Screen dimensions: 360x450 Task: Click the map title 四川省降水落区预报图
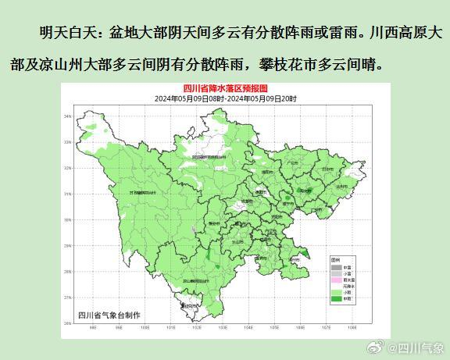pos(225,90)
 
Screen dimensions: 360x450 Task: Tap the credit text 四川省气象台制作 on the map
pos(109,315)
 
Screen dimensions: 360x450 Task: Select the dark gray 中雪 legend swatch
pos(336,266)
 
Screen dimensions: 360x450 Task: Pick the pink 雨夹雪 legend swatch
pos(336,280)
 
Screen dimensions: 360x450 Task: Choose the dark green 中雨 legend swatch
pos(336,299)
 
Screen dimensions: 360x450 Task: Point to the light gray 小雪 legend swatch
pos(336,273)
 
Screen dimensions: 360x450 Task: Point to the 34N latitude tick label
pos(67,116)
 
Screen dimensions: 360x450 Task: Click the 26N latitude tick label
pos(67,323)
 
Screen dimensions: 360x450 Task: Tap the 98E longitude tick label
pos(94,328)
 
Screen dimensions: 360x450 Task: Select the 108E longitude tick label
pos(353,328)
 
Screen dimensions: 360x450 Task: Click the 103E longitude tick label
pos(223,328)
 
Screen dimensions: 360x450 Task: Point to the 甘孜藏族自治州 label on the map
pos(129,192)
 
